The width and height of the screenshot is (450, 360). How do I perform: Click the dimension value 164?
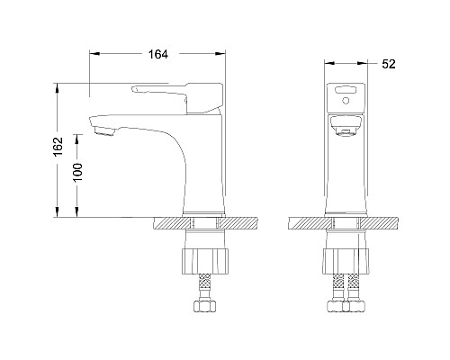158,55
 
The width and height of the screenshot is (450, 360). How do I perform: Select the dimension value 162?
58,148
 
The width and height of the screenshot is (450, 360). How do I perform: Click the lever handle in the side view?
171,91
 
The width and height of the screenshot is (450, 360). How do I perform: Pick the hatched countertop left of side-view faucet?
171,221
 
